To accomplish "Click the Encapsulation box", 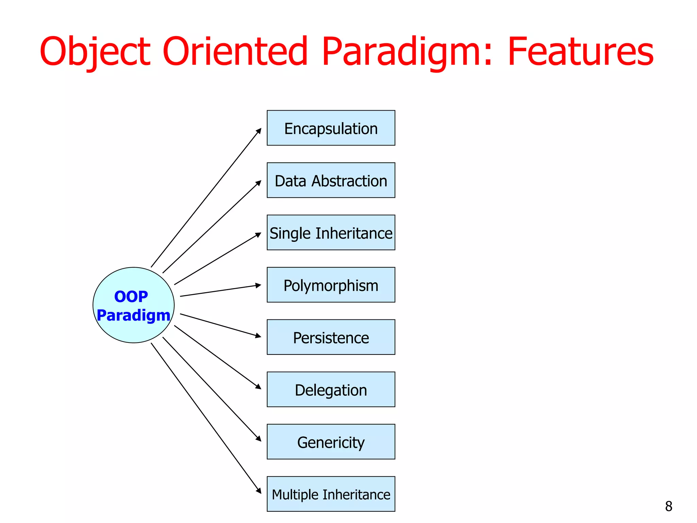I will (331, 128).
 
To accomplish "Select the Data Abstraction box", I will (331, 180).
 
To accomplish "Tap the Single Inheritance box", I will (331, 233).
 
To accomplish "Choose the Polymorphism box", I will (331, 285).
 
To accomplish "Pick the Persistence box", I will (331, 337).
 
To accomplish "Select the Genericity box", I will (331, 442).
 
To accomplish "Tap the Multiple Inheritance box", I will (331, 494).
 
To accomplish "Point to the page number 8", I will (668, 506).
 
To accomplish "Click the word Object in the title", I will (95, 52).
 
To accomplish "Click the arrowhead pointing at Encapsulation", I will (259, 131).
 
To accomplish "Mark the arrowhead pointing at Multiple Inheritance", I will (259, 491).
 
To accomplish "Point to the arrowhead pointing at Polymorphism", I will (258, 286).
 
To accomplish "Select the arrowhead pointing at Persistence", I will (258, 336).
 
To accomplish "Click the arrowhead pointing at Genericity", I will (259, 439).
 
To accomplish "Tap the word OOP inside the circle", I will (131, 297).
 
